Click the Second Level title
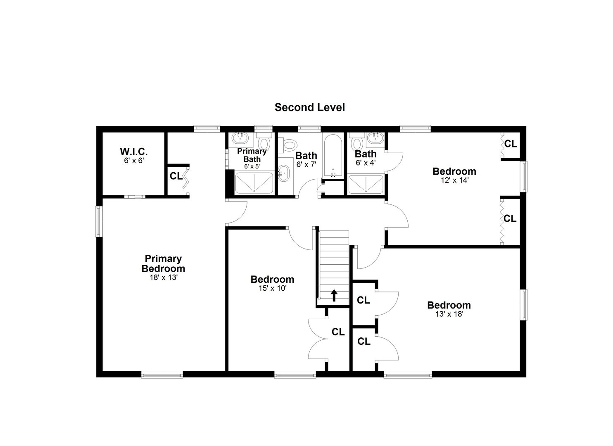pos(309,107)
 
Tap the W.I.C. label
pos(134,151)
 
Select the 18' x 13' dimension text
pos(164,278)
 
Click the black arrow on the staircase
pos(334,295)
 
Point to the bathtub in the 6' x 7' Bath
pos(333,156)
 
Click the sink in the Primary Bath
pos(240,138)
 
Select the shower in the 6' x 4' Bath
pos(366,185)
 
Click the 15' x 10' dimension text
pos(272,288)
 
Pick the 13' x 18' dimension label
pos(449,314)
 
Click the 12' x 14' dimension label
pos(454,180)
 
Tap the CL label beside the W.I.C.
pos(176,176)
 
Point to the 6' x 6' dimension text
pos(134,160)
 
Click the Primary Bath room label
pos(252,155)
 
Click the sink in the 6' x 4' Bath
pos(376,138)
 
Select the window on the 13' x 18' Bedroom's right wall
pos(523,304)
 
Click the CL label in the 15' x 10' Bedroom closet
pos(338,332)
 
